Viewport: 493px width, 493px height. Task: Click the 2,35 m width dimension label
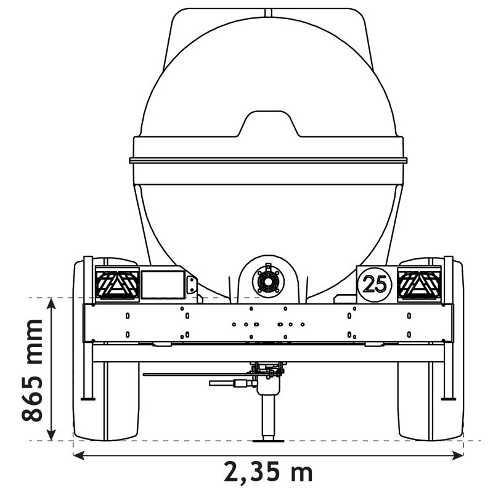[x=268, y=473]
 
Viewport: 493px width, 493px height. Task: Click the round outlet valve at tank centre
[x=268, y=282]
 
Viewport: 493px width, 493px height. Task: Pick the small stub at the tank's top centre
[x=267, y=12]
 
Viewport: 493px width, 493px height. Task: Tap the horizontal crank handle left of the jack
[x=231, y=383]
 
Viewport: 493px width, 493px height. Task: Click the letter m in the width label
[x=300, y=473]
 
